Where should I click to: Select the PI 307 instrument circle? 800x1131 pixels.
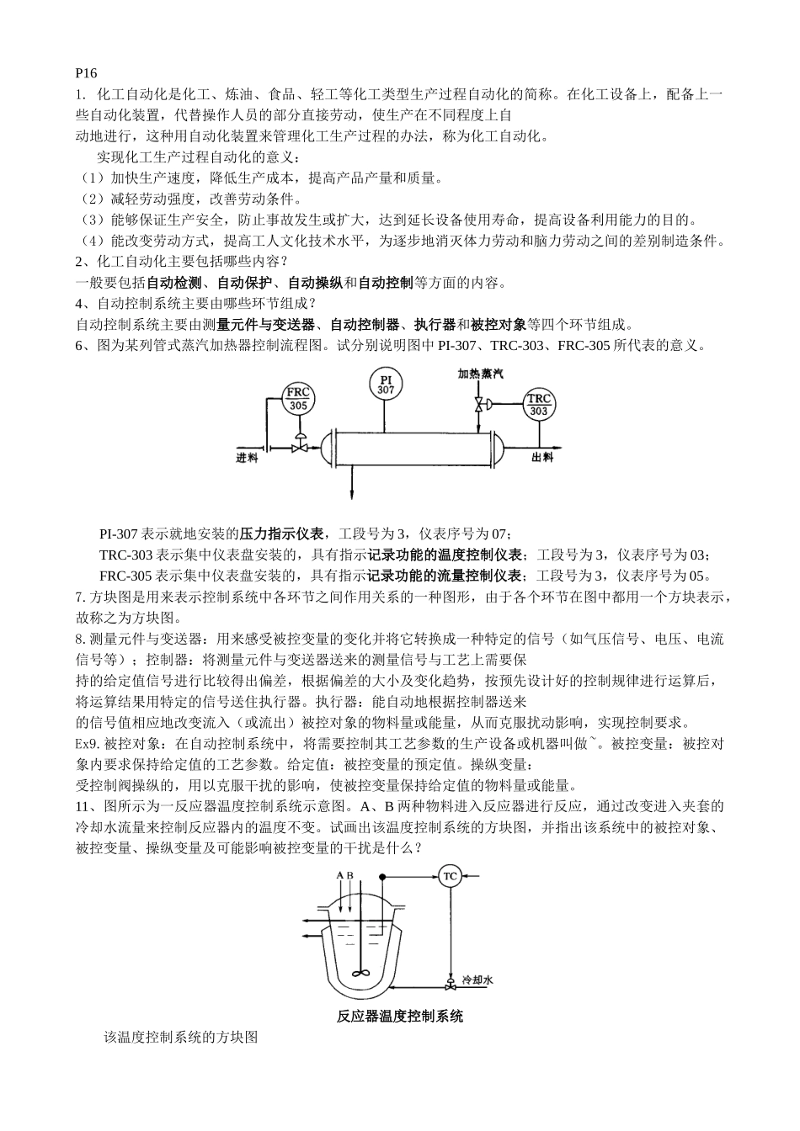point(386,385)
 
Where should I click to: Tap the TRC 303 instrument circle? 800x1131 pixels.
point(539,405)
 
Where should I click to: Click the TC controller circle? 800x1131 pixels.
point(450,877)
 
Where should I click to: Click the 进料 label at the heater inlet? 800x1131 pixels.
point(247,458)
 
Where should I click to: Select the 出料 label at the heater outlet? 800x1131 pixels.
point(542,457)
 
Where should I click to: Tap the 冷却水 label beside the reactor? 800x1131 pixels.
point(477,981)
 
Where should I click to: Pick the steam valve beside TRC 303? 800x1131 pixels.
point(479,406)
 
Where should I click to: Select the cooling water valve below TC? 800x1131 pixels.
point(450,982)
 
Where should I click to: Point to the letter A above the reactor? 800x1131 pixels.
point(340,876)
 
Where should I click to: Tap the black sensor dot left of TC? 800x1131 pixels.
point(383,877)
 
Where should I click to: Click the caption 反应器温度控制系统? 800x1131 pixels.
point(400,1017)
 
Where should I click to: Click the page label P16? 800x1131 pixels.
point(86,74)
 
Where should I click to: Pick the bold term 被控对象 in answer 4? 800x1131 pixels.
point(499,325)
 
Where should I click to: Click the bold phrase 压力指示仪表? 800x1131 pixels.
point(281,534)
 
